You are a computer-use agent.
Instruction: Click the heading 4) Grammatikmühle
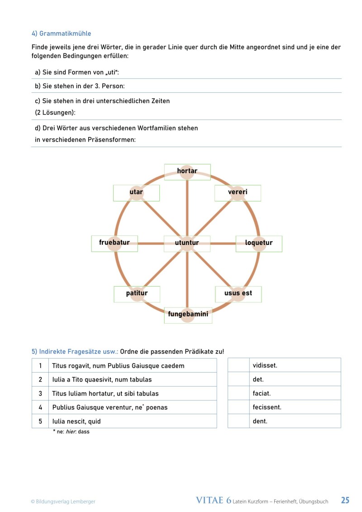[x=61, y=33]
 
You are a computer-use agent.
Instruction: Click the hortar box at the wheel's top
[x=187, y=172]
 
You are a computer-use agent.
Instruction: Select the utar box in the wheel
[x=136, y=192]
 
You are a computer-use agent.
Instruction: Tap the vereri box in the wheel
[x=238, y=192]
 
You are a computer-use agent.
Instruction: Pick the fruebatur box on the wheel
[x=114, y=243]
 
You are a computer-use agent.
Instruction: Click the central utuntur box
[x=187, y=243]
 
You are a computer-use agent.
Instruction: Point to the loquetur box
[x=259, y=243]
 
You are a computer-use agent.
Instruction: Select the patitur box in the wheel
[x=137, y=294]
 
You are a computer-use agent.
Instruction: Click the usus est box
[x=238, y=294]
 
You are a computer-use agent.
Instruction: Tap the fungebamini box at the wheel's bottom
[x=188, y=315]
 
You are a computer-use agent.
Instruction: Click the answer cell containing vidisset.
[x=295, y=365]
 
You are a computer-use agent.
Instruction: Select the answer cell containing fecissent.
[x=295, y=407]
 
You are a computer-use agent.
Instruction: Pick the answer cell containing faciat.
[x=295, y=393]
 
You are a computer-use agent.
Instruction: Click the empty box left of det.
[x=238, y=379]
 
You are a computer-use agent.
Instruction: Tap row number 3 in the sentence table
[x=40, y=393]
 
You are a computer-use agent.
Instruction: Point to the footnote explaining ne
[x=71, y=432]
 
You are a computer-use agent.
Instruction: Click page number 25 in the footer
[x=345, y=500]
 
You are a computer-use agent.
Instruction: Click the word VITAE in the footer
[x=211, y=500]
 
